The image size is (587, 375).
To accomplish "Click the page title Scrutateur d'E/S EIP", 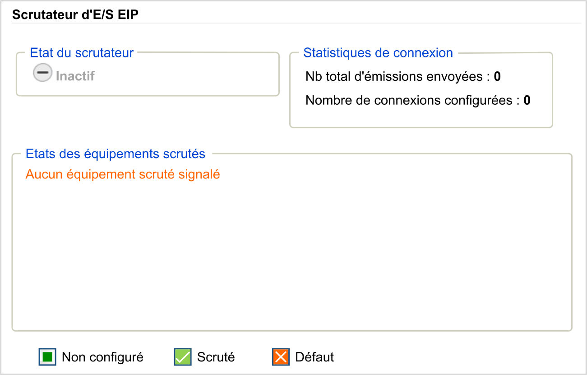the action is coord(75,14).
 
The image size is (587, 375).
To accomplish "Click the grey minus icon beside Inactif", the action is coord(42,72).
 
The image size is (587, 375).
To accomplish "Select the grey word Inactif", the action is coord(75,76).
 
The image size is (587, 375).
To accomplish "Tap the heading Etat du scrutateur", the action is coord(82,53).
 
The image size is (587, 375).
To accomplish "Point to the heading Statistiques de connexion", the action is coord(378,53).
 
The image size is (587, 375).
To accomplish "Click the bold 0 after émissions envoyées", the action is coord(497,76).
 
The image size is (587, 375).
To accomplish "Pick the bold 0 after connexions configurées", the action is coord(527,100).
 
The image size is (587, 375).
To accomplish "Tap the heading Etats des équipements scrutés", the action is coord(116,154).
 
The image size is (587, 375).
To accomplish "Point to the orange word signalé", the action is coord(199,174).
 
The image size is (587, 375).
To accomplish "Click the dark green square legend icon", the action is coord(47,357).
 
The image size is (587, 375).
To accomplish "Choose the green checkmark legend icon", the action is coord(183,357).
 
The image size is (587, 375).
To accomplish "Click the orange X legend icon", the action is coord(281,357).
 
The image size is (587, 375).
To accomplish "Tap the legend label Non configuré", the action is coord(102,357).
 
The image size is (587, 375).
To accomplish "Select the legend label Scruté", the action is coord(216,357).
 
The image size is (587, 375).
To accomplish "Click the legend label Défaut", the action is coord(314,357).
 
